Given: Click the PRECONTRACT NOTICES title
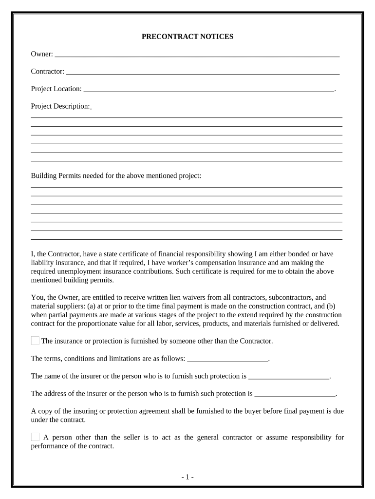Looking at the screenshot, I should [x=187, y=37].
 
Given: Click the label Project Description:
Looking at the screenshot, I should [x=60, y=106].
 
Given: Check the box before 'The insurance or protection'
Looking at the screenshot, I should [x=35, y=341].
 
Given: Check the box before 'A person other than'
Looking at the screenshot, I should [x=35, y=437].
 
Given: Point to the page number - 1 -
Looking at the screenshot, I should [x=187, y=477].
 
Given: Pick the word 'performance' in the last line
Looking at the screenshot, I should [x=49, y=446].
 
